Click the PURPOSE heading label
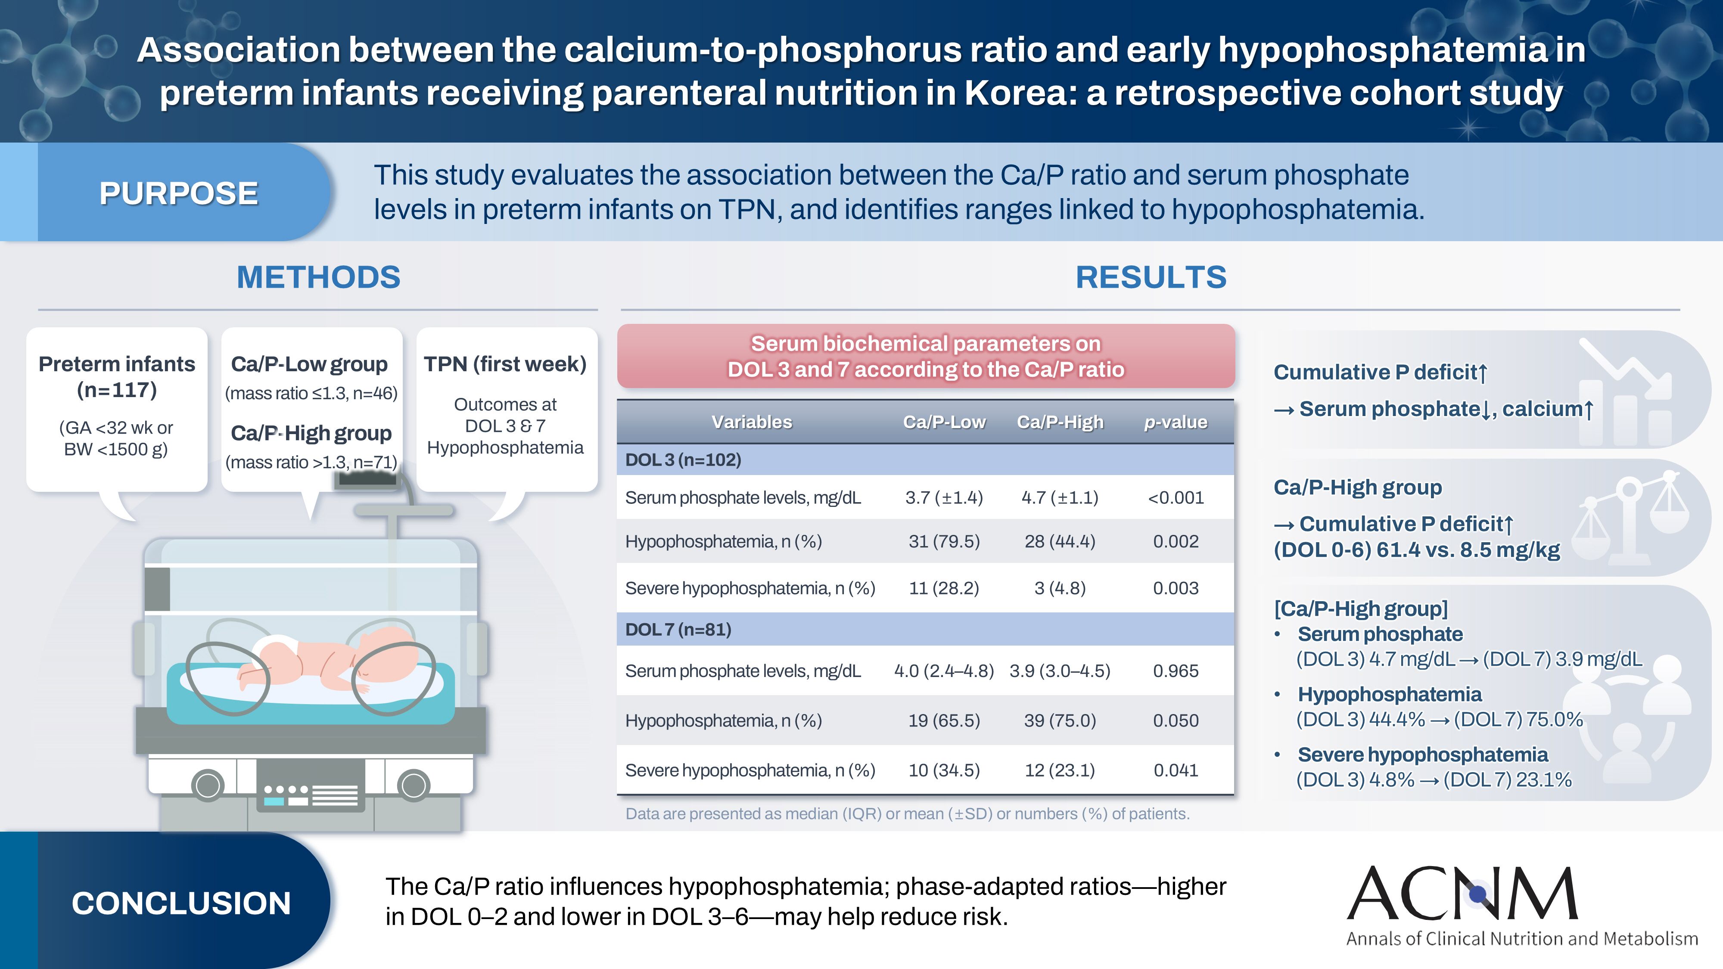[x=179, y=193]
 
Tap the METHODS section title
[x=318, y=277]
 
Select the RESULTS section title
[x=1151, y=277]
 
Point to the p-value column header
[x=1175, y=422]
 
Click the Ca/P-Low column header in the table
[x=944, y=422]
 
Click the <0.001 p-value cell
[x=1175, y=497]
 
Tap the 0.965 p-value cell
[x=1175, y=671]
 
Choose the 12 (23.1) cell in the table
[x=1060, y=770]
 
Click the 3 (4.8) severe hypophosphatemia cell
[x=1060, y=588]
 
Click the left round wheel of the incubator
[x=208, y=785]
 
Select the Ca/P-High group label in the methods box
[x=311, y=433]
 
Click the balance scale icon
[x=1630, y=518]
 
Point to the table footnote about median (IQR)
[x=907, y=814]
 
